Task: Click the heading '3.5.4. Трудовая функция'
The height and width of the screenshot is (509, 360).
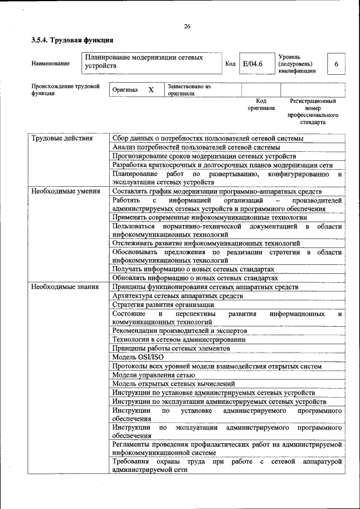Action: tap(72, 40)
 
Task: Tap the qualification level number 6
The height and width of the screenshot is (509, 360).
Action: tap(336, 64)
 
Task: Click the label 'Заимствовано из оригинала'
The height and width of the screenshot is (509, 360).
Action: tap(188, 90)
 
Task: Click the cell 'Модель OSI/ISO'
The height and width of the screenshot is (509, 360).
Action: tap(138, 357)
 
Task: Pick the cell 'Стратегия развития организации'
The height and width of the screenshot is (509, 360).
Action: tap(163, 304)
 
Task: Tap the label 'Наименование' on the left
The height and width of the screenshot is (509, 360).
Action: tap(51, 64)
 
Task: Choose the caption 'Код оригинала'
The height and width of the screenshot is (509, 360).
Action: tap(260, 104)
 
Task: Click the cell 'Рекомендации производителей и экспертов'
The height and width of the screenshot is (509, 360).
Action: tap(179, 331)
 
